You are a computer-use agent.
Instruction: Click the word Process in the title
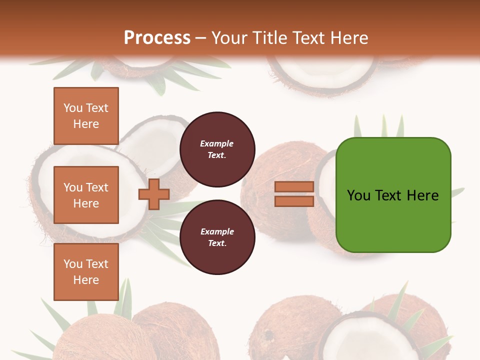tap(157, 38)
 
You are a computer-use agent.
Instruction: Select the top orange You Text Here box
tap(86, 116)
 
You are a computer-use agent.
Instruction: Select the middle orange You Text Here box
tap(86, 195)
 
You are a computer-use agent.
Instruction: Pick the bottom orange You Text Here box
tap(86, 272)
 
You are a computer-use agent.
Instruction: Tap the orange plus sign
tap(154, 194)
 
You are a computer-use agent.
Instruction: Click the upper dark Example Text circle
tap(217, 149)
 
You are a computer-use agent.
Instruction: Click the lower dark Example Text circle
tap(217, 237)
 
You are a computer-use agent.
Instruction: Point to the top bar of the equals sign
tap(294, 187)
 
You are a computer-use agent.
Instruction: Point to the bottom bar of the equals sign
tap(294, 201)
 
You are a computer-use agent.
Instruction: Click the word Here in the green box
tap(422, 195)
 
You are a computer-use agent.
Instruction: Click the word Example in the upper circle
tap(217, 143)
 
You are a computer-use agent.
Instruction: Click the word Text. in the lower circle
tap(217, 243)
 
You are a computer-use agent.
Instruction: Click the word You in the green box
tap(358, 195)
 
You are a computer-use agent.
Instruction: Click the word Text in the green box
tap(388, 195)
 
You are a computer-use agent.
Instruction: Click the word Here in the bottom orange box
tap(86, 280)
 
